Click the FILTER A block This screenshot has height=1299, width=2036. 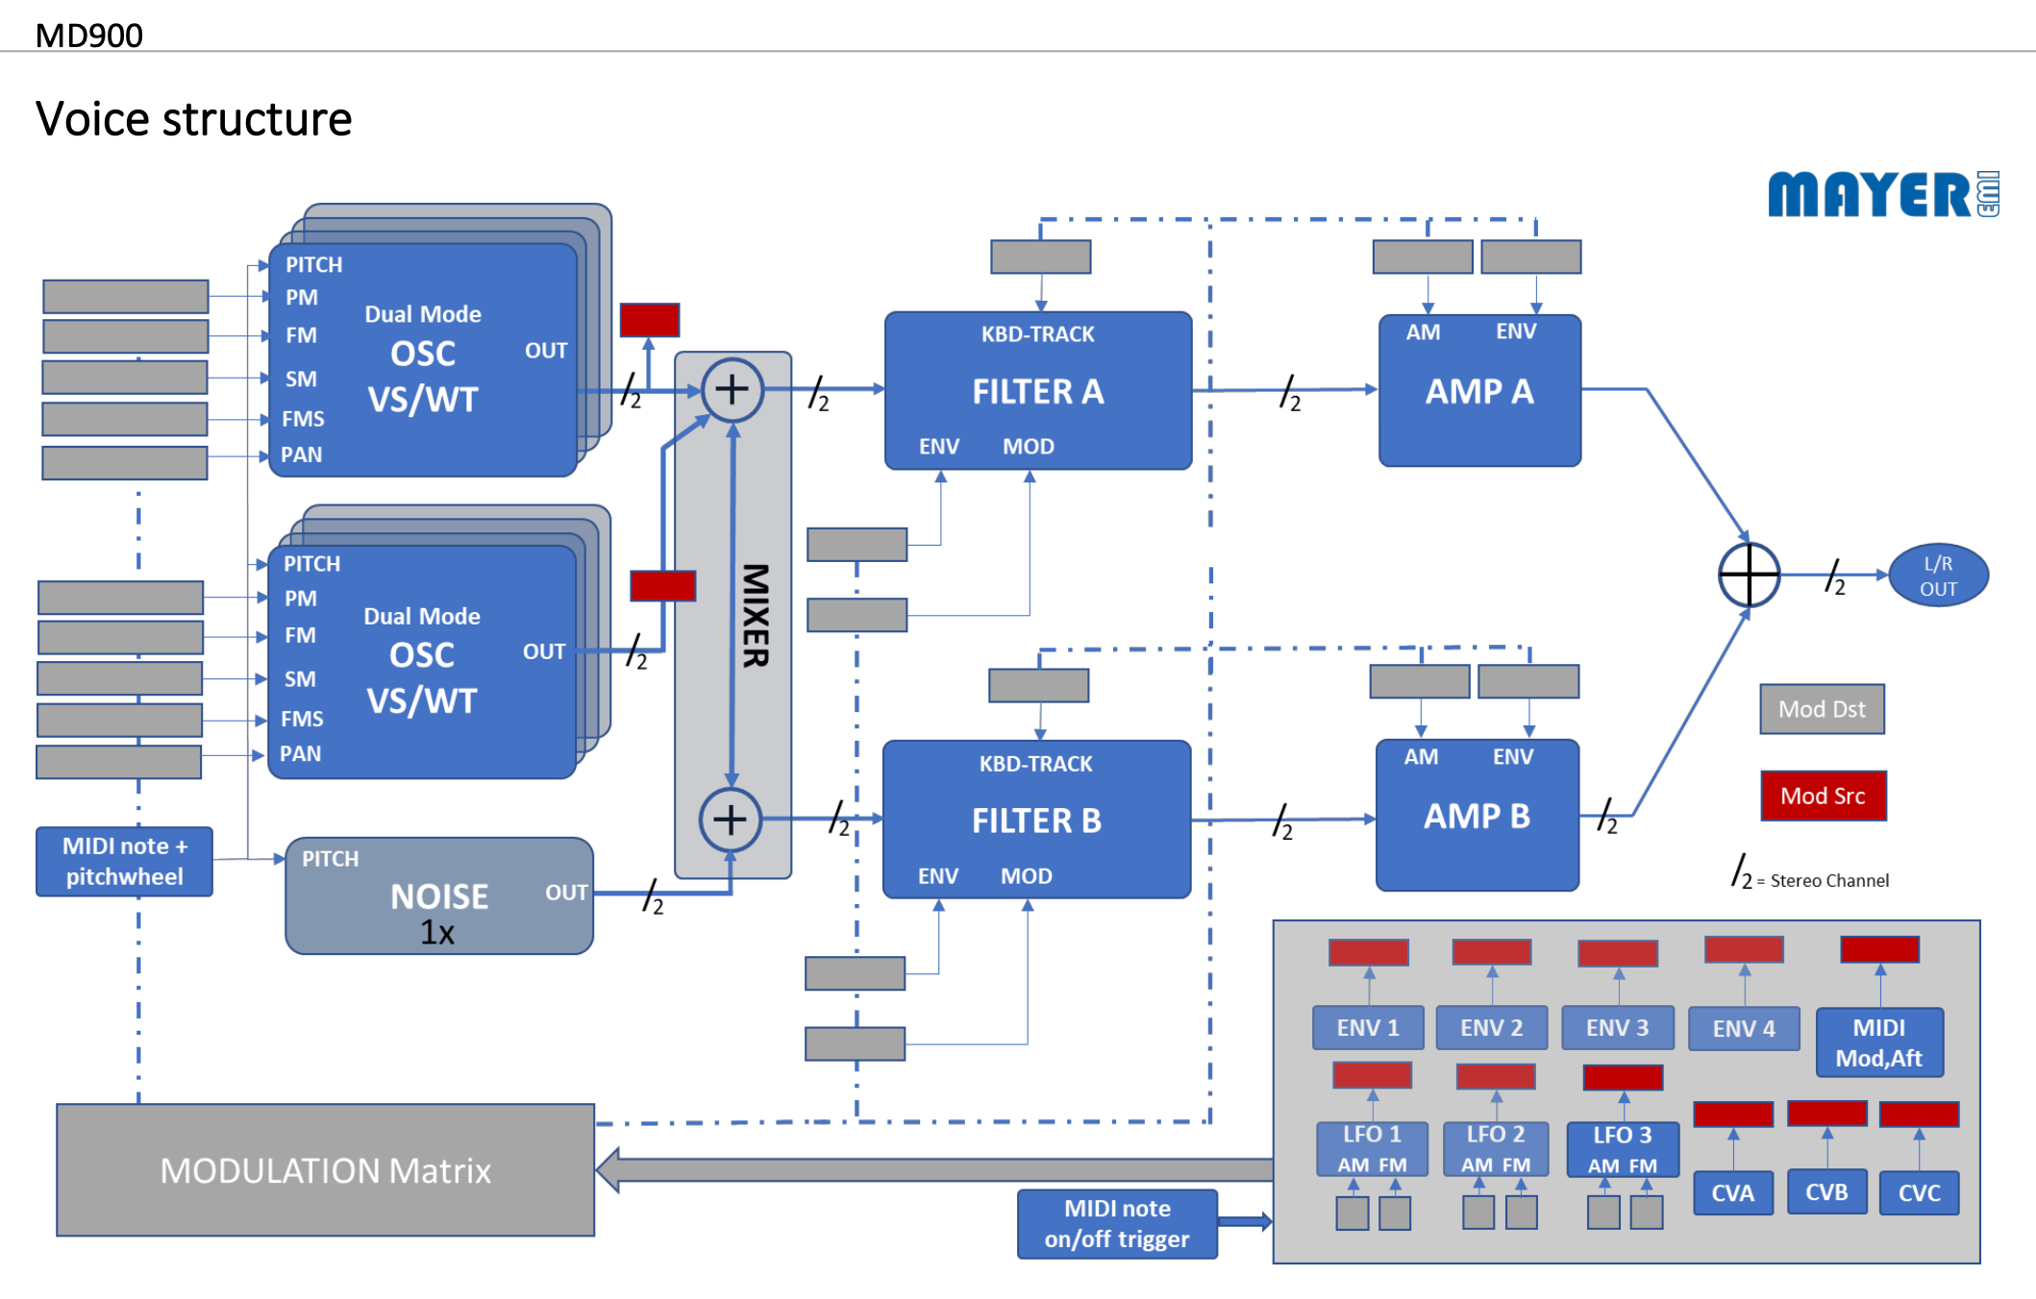click(x=1038, y=390)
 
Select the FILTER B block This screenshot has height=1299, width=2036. click(x=1036, y=820)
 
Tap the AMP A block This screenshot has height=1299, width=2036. click(x=1479, y=391)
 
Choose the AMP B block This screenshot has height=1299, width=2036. click(x=1477, y=816)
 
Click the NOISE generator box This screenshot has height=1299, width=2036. click(x=439, y=896)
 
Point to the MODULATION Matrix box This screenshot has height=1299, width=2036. click(x=325, y=1170)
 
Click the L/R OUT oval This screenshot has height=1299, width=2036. click(x=1938, y=576)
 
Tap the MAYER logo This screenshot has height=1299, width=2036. click(x=1882, y=194)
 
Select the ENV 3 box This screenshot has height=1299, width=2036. click(x=1617, y=1028)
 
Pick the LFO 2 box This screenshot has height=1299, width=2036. click(x=1496, y=1148)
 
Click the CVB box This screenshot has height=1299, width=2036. click(x=1826, y=1192)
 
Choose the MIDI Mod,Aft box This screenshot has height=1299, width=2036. click(x=1879, y=1042)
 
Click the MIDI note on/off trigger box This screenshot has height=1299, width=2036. click(x=1117, y=1223)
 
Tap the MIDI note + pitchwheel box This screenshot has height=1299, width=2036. click(x=124, y=861)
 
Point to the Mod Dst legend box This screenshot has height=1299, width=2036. click(x=1822, y=709)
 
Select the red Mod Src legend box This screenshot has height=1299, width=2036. click(x=1823, y=796)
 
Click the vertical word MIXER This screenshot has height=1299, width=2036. click(x=756, y=615)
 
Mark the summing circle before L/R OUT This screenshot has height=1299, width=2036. click(x=1749, y=575)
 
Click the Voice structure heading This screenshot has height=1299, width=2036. click(x=194, y=119)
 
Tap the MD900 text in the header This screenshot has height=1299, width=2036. click(x=88, y=36)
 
